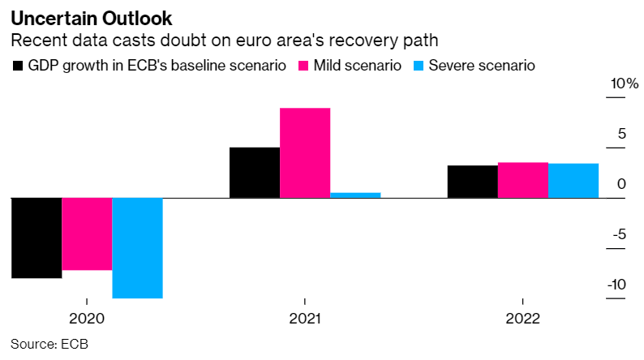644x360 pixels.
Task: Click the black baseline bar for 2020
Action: (36, 238)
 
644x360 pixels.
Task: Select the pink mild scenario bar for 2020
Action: (87, 234)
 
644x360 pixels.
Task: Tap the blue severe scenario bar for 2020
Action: (138, 248)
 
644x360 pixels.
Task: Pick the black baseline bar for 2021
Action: (255, 173)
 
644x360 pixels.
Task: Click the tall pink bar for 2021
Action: (305, 153)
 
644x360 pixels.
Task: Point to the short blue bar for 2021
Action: (356, 195)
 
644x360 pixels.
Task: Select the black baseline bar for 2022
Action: (473, 182)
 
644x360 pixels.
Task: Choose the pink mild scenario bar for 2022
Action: (523, 180)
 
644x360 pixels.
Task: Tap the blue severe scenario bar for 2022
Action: (573, 181)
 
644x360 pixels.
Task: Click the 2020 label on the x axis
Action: (87, 319)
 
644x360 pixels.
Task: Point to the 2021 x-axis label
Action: (305, 319)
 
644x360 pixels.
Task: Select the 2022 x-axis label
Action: (522, 319)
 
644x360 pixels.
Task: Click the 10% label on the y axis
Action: (625, 84)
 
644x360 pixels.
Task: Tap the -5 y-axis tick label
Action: (620, 234)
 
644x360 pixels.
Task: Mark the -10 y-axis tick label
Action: (616, 285)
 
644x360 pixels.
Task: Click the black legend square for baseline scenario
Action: (18, 66)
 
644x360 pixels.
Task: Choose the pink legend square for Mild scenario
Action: (303, 66)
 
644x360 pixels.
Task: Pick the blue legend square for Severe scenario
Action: (419, 66)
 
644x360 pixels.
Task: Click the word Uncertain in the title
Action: (54, 19)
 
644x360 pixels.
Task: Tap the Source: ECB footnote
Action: (49, 344)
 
